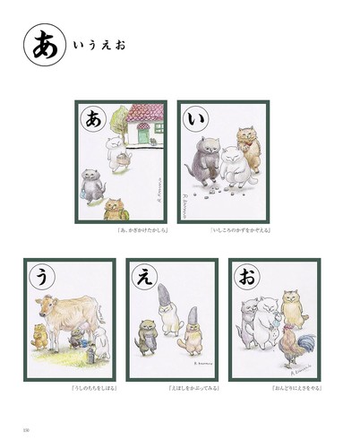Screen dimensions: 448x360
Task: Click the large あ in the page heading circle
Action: [41, 47]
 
